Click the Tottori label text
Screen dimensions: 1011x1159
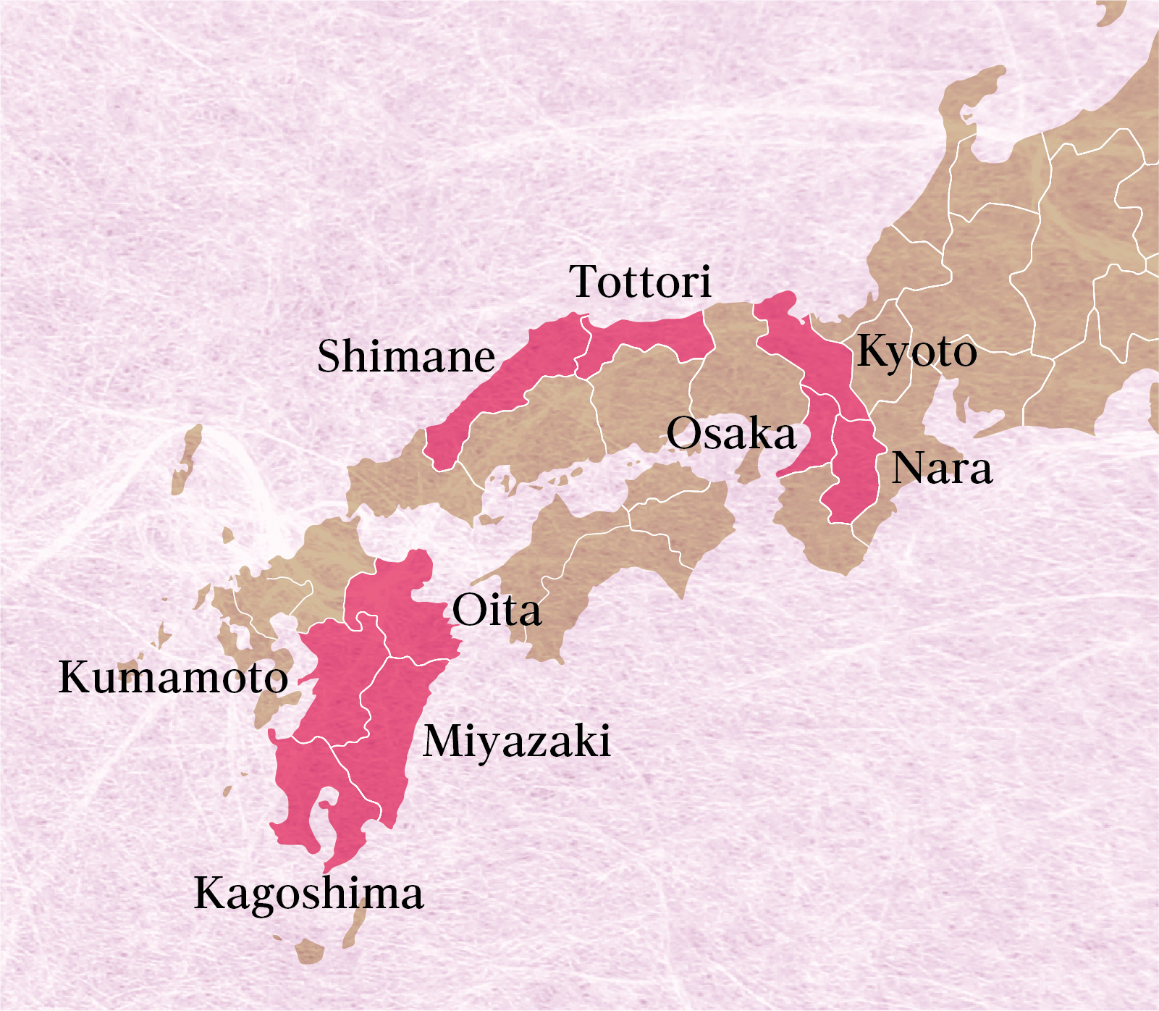tap(641, 282)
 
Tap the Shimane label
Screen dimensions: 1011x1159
tap(406, 356)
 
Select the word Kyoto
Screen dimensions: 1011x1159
tap(916, 352)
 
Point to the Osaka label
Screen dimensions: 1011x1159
tap(731, 434)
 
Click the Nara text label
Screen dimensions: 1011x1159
tap(942, 469)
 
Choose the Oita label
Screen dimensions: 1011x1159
tap(497, 611)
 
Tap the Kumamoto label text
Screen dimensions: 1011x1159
tap(173, 678)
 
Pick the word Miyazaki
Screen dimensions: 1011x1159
tap(517, 742)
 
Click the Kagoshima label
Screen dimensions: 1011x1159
tap(308, 893)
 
